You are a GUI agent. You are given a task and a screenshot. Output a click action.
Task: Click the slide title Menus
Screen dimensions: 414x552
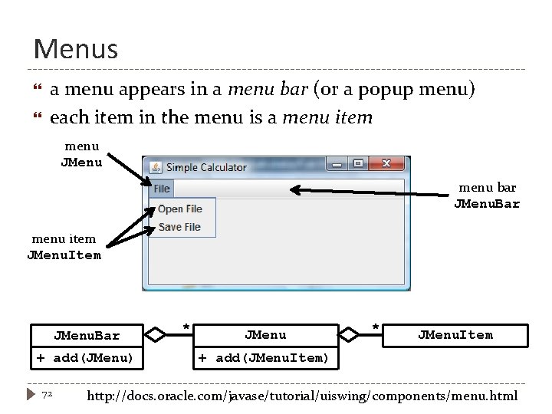point(76,49)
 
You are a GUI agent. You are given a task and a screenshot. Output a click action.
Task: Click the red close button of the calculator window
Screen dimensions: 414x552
point(387,164)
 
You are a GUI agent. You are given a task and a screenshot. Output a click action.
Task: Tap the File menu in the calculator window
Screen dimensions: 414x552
point(162,189)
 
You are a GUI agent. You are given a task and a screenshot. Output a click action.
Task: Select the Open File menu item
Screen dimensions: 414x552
point(180,209)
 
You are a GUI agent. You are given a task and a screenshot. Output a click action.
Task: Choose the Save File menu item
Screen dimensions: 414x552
point(180,227)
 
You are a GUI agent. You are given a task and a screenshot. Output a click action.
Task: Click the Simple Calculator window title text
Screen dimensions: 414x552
point(206,167)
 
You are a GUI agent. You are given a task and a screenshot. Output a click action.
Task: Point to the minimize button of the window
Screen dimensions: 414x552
point(337,164)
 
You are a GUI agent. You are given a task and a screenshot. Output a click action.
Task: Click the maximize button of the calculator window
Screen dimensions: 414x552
point(358,164)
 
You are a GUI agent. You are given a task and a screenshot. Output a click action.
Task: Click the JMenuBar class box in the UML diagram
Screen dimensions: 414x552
point(87,335)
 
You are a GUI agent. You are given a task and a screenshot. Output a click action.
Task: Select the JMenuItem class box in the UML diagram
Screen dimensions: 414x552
point(455,335)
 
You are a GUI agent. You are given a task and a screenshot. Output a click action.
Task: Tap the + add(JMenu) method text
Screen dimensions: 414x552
point(85,358)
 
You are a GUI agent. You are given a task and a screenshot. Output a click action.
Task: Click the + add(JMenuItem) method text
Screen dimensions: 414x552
point(263,358)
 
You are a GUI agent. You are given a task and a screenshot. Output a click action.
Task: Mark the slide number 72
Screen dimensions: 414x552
point(47,394)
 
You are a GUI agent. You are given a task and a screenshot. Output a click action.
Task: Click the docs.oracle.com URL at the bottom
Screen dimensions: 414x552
point(303,396)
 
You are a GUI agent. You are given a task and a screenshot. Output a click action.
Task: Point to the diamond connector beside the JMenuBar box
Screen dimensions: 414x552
point(156,334)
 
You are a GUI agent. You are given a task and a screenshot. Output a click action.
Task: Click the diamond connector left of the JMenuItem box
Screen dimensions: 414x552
point(349,334)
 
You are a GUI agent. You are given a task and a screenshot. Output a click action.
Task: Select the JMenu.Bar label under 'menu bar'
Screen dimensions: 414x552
point(487,204)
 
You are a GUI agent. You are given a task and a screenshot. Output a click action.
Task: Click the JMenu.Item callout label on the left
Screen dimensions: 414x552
point(64,255)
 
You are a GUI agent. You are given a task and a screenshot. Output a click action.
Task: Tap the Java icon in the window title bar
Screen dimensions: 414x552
point(156,167)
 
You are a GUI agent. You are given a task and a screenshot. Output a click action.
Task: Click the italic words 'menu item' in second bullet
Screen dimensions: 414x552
point(327,118)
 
